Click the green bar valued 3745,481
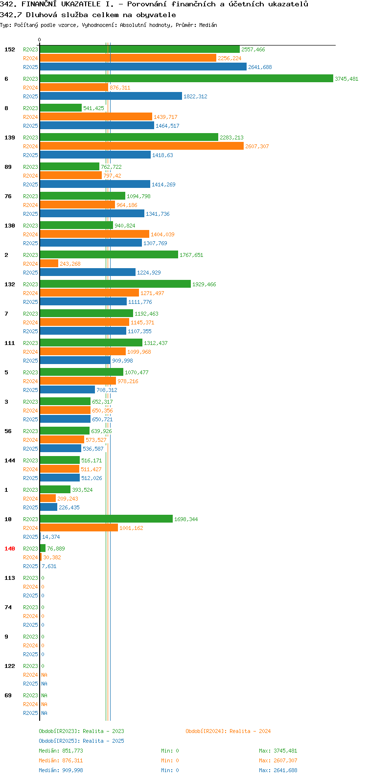186,79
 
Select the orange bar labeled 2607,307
141,146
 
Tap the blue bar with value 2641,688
143,67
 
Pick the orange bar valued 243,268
49,264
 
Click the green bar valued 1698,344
106,519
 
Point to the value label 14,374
51,537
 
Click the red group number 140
10,549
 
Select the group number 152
10,49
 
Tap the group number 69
8,695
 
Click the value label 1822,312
195,96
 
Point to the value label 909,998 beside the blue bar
122,361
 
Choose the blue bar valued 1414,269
95,184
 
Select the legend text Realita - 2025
103,741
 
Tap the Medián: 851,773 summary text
61,751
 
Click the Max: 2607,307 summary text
278,760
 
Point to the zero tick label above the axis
39,40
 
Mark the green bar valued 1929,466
115,284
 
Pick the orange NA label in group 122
44,675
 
